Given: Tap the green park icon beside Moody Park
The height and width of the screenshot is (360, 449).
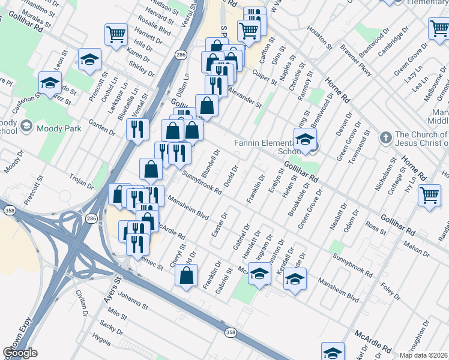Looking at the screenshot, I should coord(26,127).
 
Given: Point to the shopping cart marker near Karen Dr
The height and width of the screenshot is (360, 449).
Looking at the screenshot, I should coord(116,34).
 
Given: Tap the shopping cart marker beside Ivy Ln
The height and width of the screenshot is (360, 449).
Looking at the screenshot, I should coord(430,195).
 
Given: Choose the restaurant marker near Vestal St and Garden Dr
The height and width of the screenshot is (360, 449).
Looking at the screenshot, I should coord(137,128).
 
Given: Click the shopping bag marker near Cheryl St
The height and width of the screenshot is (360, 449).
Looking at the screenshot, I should coord(186,276).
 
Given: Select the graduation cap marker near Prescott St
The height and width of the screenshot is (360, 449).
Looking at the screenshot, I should coord(89,59).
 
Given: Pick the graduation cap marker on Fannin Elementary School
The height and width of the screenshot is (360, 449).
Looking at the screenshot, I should coord(305,140).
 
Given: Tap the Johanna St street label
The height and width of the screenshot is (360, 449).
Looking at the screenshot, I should coord(133,301).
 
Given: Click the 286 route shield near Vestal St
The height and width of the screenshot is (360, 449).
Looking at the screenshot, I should coord(181,55).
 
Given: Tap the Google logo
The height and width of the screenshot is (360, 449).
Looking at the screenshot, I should coord(20,353).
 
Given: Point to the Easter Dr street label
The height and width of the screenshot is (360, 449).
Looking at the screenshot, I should coord(220,224).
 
